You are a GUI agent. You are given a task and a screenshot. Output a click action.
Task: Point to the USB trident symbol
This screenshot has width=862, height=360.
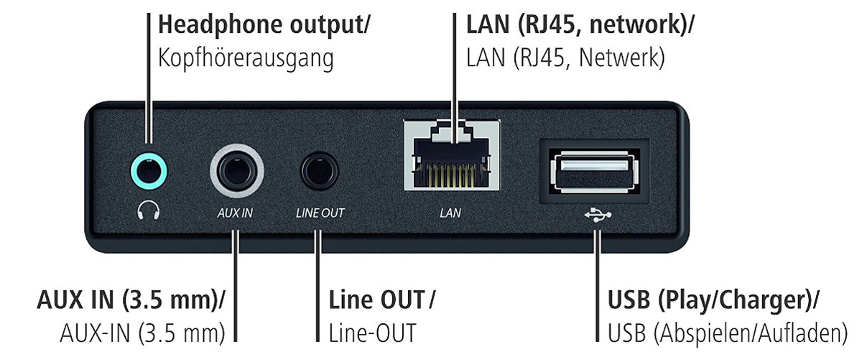(595, 213)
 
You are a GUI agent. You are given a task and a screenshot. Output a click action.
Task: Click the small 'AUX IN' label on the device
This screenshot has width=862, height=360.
(236, 213)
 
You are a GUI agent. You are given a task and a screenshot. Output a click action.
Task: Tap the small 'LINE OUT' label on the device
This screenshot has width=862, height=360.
(320, 213)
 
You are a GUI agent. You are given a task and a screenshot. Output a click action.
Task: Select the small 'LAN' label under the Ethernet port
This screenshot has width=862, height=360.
(451, 213)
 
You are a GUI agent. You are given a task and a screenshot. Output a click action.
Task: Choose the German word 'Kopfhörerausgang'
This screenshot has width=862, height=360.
(246, 59)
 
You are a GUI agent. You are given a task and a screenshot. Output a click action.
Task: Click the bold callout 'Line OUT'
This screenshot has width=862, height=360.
(376, 297)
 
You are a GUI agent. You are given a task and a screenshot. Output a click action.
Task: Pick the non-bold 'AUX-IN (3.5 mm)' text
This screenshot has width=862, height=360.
(140, 333)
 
